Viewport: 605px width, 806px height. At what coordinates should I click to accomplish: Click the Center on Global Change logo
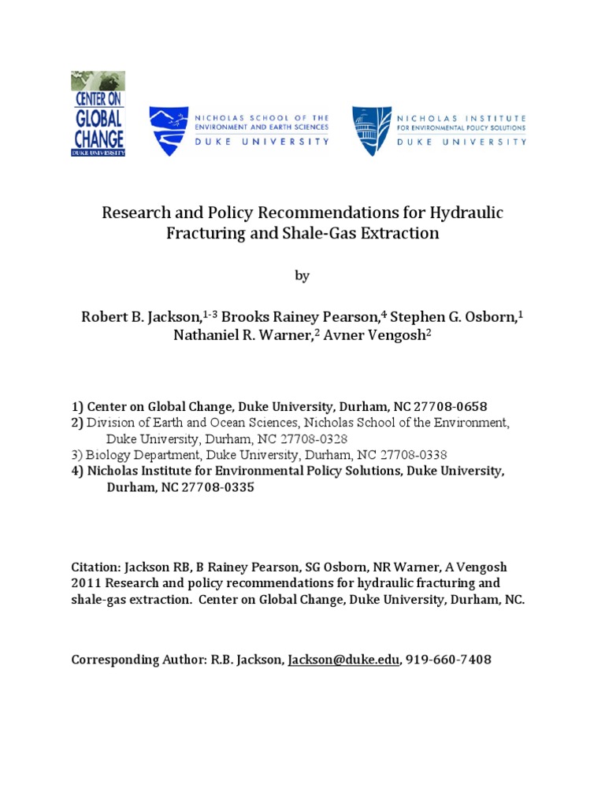(x=98, y=113)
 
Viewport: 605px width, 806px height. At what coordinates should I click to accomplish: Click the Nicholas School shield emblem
(x=169, y=131)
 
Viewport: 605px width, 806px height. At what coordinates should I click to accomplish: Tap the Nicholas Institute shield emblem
(x=370, y=131)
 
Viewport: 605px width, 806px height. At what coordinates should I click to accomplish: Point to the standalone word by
(x=302, y=275)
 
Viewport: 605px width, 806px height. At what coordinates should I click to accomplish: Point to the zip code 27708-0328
(x=310, y=438)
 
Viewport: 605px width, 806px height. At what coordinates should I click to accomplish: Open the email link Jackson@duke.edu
(x=343, y=660)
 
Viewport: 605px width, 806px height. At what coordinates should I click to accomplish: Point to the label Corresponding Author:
(x=133, y=660)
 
